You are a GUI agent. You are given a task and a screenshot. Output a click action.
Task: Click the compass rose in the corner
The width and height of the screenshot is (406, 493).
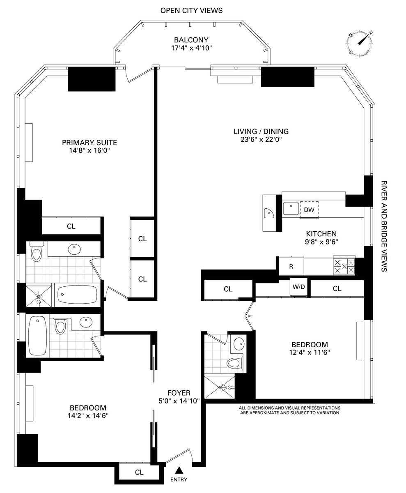click(x=359, y=44)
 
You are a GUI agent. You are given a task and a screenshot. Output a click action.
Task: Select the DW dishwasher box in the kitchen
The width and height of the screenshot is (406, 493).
click(x=309, y=210)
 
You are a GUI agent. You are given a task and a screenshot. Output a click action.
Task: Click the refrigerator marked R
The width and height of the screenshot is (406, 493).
click(x=291, y=266)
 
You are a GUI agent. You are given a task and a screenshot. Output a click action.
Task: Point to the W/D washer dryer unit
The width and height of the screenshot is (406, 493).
click(x=299, y=287)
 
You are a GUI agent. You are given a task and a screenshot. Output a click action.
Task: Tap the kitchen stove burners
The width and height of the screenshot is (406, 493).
click(x=344, y=266)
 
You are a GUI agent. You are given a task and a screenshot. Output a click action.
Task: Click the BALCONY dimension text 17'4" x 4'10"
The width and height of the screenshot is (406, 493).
click(x=191, y=48)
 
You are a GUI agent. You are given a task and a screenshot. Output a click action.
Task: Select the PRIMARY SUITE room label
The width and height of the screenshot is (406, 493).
click(x=89, y=143)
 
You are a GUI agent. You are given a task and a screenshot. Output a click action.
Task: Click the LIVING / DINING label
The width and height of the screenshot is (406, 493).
click(x=261, y=131)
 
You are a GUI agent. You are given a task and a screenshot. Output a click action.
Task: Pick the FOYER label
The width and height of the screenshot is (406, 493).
click(x=179, y=393)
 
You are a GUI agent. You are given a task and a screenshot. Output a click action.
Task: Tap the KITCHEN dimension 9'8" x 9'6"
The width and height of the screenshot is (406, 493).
click(x=321, y=242)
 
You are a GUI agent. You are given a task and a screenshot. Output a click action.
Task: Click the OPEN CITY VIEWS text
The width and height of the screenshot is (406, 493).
click(x=191, y=10)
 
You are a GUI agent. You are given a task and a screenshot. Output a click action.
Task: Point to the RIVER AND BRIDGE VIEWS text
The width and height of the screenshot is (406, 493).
click(x=384, y=226)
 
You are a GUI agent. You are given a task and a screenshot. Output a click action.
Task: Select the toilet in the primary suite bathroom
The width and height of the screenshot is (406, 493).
click(x=36, y=252)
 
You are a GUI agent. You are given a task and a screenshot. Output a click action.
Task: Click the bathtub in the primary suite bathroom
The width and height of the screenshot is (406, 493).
click(x=77, y=295)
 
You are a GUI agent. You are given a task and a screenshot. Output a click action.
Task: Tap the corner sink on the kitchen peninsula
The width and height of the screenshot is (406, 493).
click(x=269, y=213)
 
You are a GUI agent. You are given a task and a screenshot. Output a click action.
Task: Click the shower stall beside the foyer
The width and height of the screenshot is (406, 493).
click(x=219, y=387)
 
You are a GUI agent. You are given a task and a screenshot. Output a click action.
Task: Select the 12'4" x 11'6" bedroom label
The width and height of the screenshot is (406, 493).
click(x=310, y=348)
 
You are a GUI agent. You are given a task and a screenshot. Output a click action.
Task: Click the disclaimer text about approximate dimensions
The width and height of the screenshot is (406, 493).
click(x=289, y=410)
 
